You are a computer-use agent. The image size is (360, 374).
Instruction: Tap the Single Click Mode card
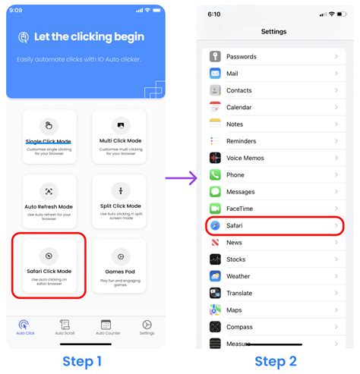click(x=49, y=136)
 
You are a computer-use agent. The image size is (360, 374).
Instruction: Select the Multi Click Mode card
click(x=119, y=136)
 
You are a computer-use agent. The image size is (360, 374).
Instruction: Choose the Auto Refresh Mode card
click(x=49, y=201)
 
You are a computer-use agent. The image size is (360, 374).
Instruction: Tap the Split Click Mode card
click(x=119, y=201)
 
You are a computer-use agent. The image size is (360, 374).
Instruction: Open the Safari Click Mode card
click(x=49, y=266)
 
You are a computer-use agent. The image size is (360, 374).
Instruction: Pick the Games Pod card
click(x=119, y=266)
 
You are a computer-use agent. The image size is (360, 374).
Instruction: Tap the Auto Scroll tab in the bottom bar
click(x=65, y=328)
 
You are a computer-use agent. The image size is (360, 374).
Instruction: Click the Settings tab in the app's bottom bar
click(x=147, y=328)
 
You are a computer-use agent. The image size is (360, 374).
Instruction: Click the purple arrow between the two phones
click(x=181, y=178)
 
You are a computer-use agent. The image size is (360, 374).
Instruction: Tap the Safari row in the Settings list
click(x=273, y=225)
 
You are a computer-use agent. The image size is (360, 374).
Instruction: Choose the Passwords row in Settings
click(x=273, y=57)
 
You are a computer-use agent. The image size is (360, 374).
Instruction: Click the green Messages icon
click(x=215, y=192)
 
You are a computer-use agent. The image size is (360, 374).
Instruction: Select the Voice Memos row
click(x=273, y=158)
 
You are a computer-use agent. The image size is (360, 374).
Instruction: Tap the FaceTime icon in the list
click(x=215, y=209)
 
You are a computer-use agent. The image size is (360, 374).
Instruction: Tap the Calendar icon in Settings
click(x=215, y=107)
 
